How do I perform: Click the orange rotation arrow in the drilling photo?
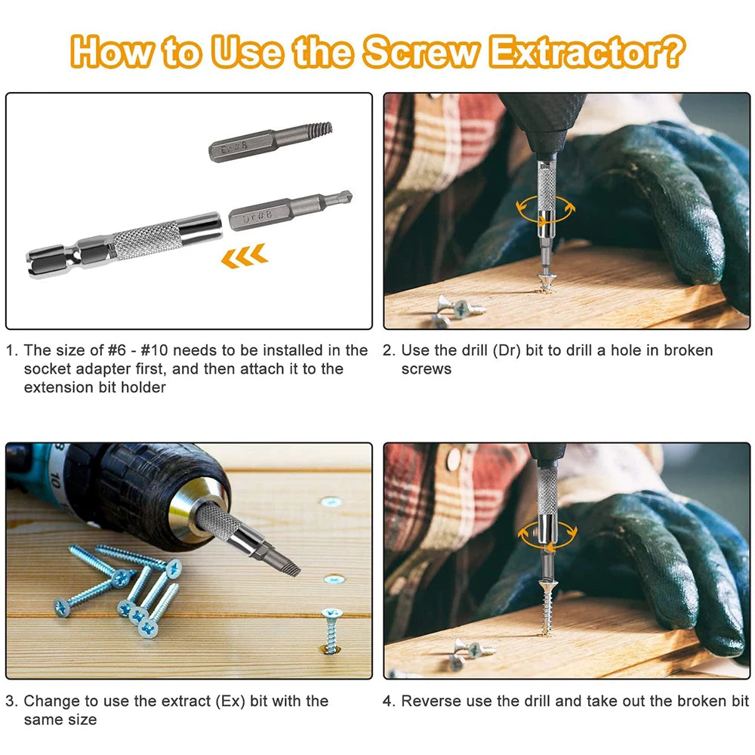(x=544, y=208)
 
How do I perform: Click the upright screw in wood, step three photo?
(x=330, y=630)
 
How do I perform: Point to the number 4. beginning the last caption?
(x=388, y=701)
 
